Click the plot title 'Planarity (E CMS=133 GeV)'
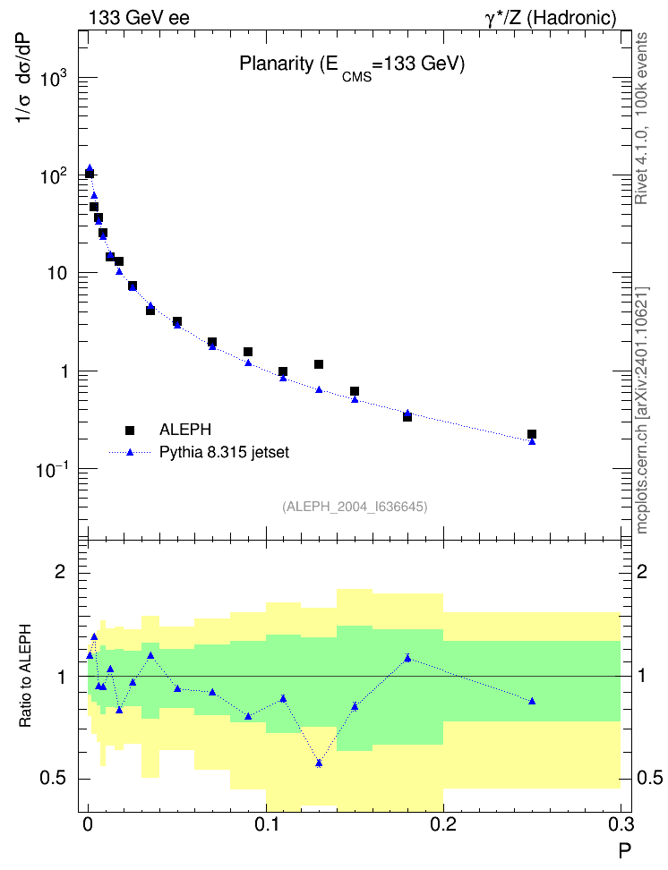coord(352,66)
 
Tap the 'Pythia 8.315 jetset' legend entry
coord(200,452)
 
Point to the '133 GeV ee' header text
coord(140,18)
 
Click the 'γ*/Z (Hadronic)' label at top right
coord(551,18)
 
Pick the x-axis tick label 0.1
coord(266,824)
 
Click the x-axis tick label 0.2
coord(443,824)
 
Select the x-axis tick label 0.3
coord(620,824)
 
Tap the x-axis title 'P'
coord(625,850)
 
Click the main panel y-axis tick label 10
coord(56,274)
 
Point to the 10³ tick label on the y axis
coord(54,77)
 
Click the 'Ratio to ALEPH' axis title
coord(25,676)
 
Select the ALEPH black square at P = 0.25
coord(532,434)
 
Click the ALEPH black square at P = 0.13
coord(319,364)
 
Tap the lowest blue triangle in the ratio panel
coord(319,763)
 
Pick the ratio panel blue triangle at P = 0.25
coord(532,702)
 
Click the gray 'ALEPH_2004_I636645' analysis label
coord(355,507)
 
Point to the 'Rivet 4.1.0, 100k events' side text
coord(641,118)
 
